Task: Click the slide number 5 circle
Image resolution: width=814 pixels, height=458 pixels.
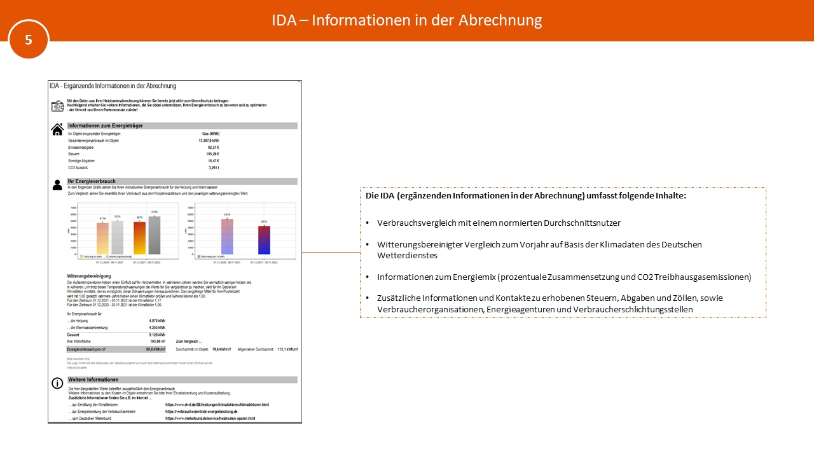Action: tap(29, 39)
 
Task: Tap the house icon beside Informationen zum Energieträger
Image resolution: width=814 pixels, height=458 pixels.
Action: tap(57, 129)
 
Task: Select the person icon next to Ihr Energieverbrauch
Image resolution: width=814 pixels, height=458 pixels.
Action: tap(57, 185)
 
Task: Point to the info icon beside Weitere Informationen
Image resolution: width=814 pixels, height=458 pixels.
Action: tap(57, 382)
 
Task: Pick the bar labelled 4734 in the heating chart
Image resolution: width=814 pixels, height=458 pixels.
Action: tap(102, 238)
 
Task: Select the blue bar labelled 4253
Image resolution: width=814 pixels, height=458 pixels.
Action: tap(265, 240)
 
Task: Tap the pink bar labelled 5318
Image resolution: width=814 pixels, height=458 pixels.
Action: tap(227, 236)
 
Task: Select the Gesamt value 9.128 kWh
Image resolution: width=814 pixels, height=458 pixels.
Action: tap(156, 335)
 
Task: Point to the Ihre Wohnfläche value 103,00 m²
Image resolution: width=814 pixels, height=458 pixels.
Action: tap(156, 342)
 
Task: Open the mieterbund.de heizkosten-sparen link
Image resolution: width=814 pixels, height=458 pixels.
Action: tap(210, 418)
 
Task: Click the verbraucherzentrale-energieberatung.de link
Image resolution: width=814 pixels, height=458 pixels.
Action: tap(201, 411)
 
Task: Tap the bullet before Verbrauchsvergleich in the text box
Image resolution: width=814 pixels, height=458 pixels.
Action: tap(368, 223)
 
